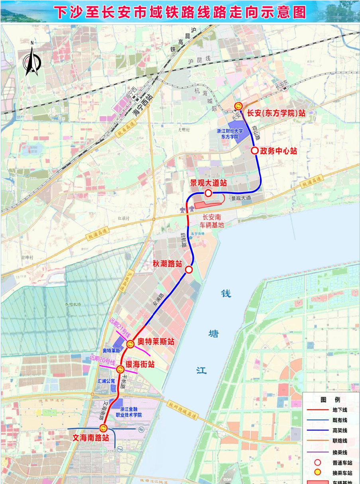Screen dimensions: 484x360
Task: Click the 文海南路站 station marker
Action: coord(104,429)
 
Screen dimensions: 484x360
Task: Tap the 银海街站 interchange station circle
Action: coord(120,369)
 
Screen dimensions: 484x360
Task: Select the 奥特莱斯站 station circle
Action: coord(130,344)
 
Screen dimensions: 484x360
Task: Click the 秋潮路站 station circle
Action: coord(189,270)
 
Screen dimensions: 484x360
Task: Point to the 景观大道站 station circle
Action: coord(208,193)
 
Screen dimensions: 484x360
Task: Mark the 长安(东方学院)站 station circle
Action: coord(238,107)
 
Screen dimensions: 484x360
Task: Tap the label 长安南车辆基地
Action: coord(212,221)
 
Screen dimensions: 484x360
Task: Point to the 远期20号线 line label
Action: coord(102,360)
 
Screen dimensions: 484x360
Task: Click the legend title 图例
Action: coord(330,399)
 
